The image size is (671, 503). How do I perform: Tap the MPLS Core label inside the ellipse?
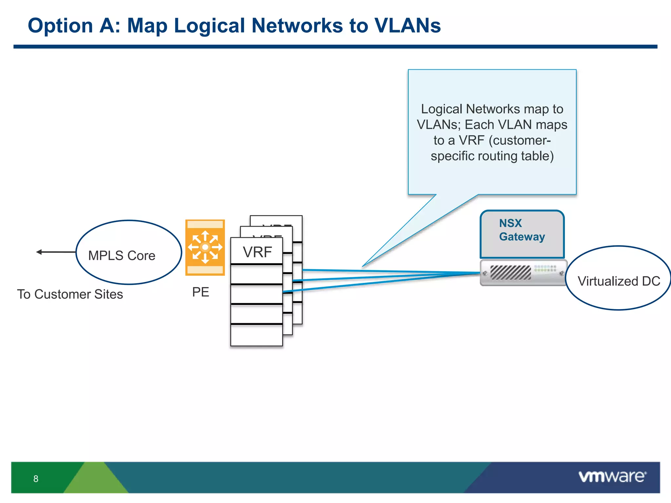coord(122,256)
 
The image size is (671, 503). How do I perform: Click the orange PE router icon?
coord(205,247)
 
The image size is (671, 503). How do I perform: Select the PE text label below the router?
coord(201,292)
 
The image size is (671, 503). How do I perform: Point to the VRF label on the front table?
coord(257,252)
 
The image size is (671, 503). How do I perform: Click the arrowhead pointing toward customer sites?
coord(39,252)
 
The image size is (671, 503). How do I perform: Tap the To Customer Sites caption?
coord(70,294)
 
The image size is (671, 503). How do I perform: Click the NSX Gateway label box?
coord(522,234)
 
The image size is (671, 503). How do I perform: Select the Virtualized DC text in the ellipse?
coord(619,281)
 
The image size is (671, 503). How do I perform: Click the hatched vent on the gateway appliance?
coord(510,272)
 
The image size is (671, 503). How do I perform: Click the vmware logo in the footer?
coord(612,476)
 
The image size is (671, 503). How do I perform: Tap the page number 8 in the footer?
coord(36,479)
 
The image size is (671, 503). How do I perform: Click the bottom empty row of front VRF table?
coord(257,335)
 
